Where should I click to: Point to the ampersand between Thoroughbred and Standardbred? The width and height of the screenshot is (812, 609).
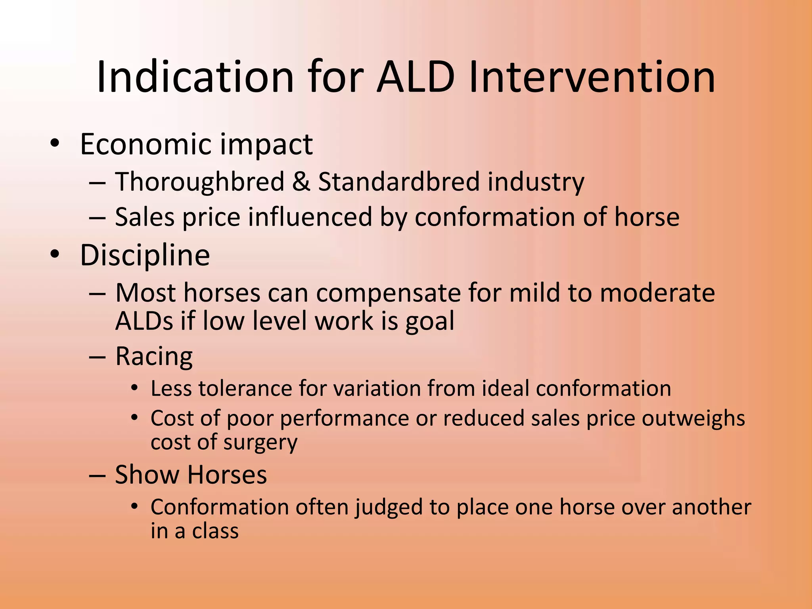[301, 182]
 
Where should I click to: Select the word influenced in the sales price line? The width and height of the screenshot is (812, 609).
[310, 217]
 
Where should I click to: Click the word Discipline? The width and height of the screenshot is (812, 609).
[145, 255]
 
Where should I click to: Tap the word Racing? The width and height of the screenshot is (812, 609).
[154, 356]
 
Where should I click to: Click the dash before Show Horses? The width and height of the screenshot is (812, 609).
[97, 475]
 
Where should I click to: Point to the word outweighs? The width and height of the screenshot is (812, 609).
[693, 419]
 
